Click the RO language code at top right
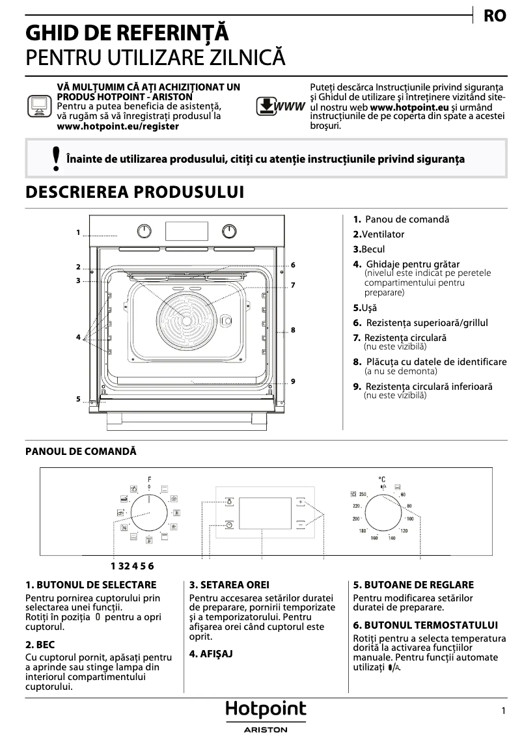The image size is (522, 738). click(495, 16)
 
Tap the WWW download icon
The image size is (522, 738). click(280, 106)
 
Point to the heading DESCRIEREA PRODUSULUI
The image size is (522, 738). click(134, 193)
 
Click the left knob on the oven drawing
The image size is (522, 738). click(144, 231)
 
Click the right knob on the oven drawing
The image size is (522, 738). click(229, 231)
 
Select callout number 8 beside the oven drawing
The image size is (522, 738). click(294, 330)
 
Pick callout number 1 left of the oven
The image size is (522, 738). click(77, 232)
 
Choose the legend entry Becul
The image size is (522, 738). click(369, 249)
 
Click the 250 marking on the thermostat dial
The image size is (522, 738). click(363, 495)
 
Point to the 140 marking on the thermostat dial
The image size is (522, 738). click(392, 538)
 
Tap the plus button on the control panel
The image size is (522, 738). click(301, 502)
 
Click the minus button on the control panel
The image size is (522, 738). click(301, 524)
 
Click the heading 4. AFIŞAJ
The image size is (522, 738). click(211, 653)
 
